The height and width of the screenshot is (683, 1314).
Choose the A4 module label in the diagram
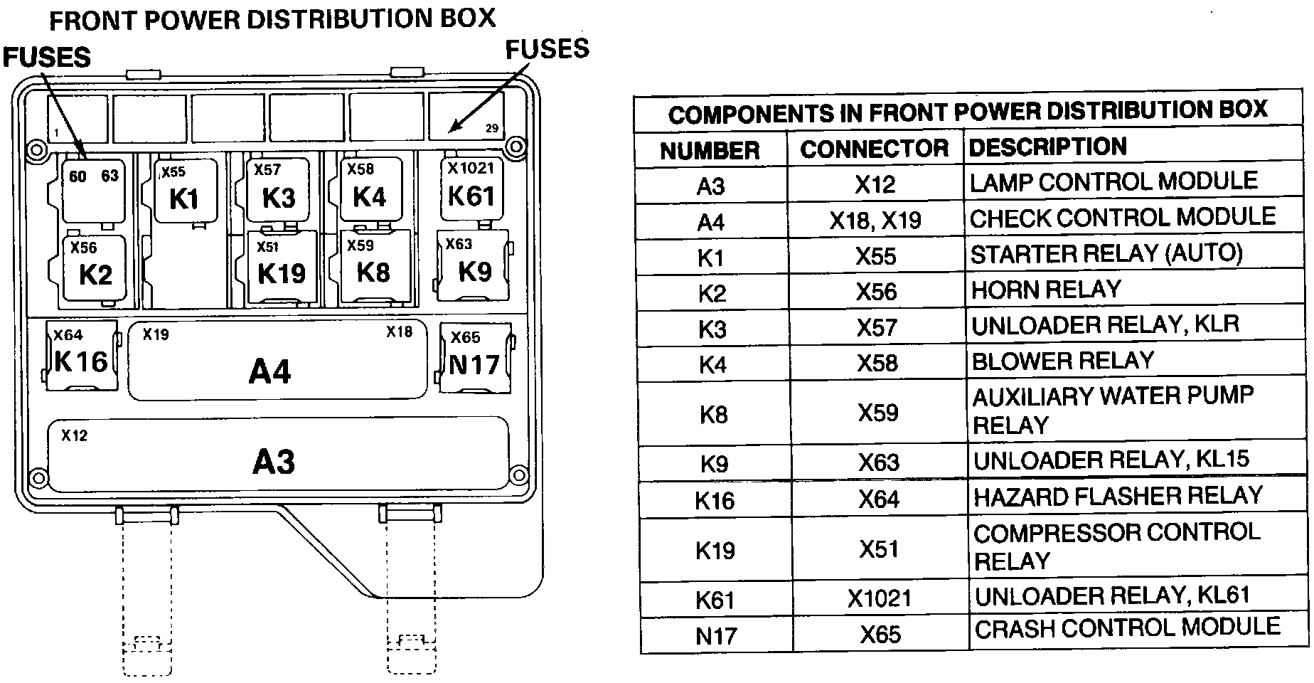tap(270, 371)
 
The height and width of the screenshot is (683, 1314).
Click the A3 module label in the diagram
tap(274, 461)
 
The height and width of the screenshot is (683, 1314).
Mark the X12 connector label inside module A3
tap(75, 435)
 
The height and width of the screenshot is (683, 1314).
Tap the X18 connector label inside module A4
tap(399, 332)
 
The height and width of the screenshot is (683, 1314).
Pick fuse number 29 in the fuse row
tap(491, 128)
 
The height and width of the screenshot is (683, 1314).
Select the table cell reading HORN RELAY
tap(1046, 290)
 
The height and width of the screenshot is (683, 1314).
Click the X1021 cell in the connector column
tap(879, 598)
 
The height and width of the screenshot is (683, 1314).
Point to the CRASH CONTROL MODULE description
tap(1127, 628)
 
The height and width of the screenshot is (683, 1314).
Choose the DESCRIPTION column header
tap(1047, 147)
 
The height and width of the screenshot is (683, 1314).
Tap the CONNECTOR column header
tap(875, 149)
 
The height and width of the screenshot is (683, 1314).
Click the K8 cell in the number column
tap(713, 414)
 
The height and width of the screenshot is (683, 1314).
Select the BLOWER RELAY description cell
tap(1062, 361)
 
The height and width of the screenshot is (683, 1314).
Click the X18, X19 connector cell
tap(875, 221)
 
